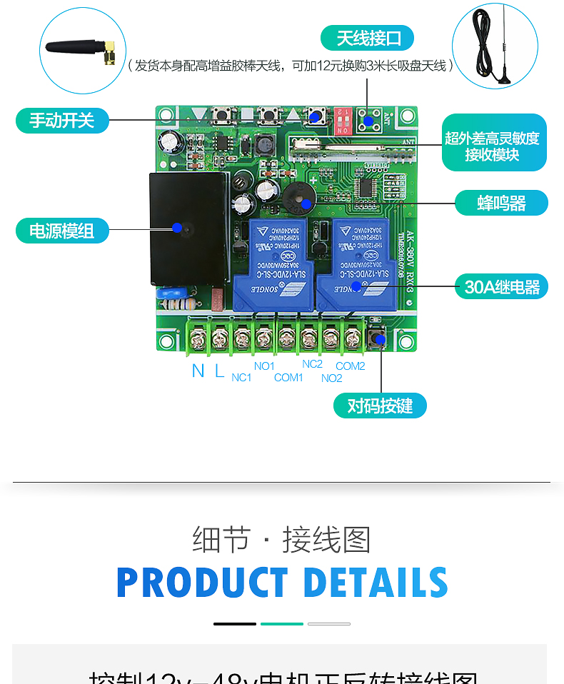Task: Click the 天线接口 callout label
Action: [367, 38]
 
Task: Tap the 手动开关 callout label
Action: [62, 120]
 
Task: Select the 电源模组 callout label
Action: [62, 231]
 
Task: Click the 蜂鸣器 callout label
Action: [501, 203]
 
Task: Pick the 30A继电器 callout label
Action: [502, 287]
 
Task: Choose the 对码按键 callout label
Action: [380, 406]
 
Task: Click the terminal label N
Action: [198, 371]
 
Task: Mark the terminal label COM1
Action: [288, 377]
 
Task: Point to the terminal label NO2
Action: [331, 378]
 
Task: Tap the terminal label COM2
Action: [351, 366]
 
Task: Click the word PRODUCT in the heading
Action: [202, 583]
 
